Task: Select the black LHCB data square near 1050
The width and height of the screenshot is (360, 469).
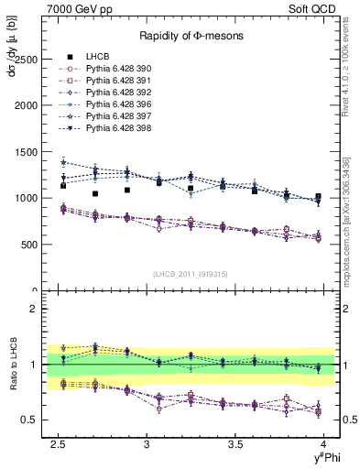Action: (x=95, y=193)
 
